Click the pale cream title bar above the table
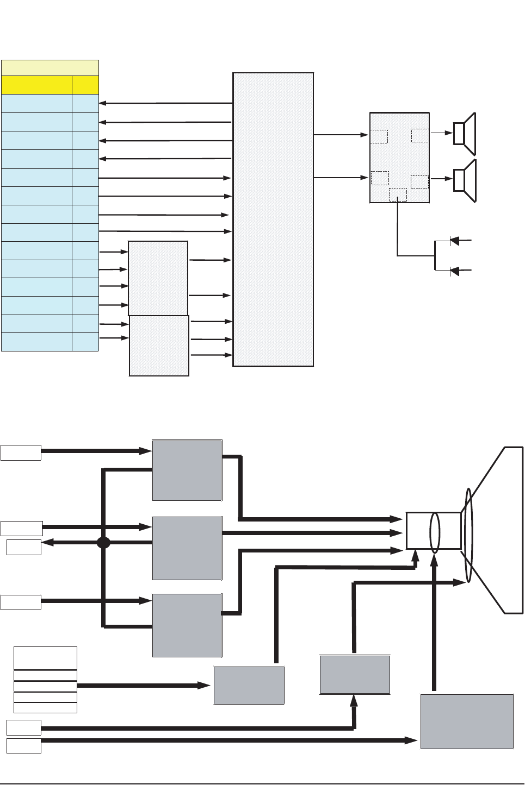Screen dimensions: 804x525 pos(50,68)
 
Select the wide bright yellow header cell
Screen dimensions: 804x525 pos(36,85)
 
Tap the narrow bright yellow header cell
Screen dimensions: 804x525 pos(85,85)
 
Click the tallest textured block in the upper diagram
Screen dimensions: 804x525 pos(273,219)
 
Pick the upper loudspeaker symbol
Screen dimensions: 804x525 pos(465,134)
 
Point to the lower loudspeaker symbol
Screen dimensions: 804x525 pos(465,180)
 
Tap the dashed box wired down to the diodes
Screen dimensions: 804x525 pos(398,194)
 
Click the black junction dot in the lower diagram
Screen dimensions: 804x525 pos(103,542)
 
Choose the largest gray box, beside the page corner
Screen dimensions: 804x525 pos(467,721)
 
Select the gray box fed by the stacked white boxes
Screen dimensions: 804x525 pos(249,685)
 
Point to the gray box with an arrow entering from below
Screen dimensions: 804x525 pos(355,675)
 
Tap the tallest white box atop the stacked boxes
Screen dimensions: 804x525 pos(45,658)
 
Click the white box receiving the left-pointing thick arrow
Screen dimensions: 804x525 pos(24,547)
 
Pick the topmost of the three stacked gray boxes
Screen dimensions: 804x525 pos(187,470)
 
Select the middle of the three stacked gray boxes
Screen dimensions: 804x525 pos(187,548)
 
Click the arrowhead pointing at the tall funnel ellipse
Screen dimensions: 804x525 pos(461,582)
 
